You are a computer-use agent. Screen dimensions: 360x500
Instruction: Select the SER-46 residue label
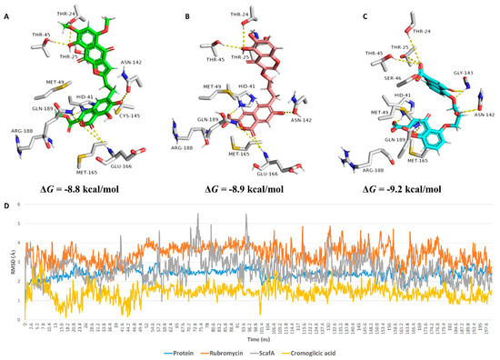(x=365, y=79)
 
